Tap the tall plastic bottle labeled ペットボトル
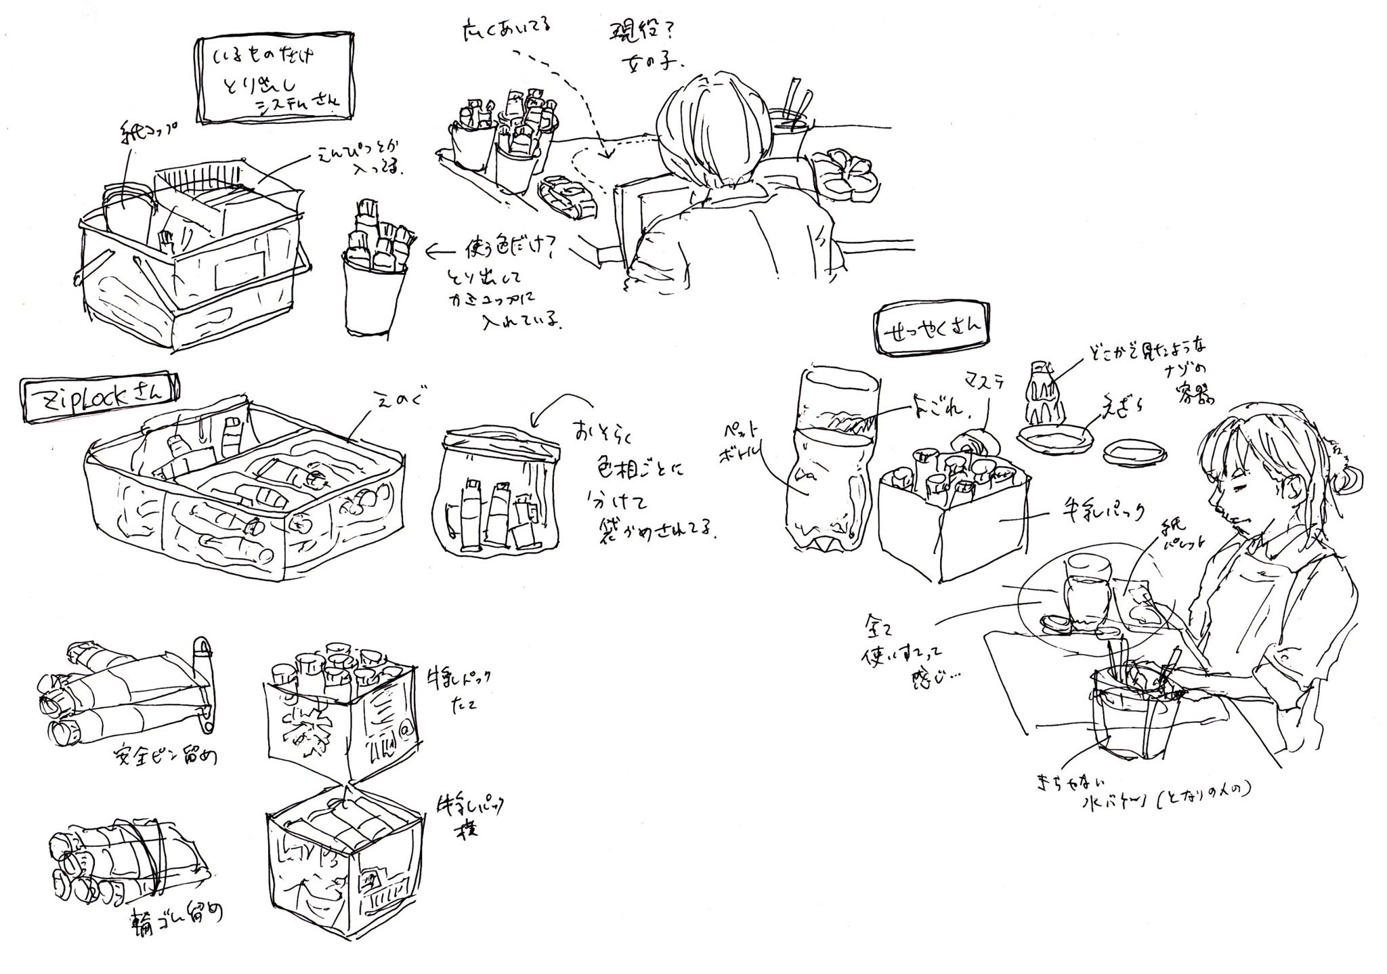[828, 461]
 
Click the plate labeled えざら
[1056, 438]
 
